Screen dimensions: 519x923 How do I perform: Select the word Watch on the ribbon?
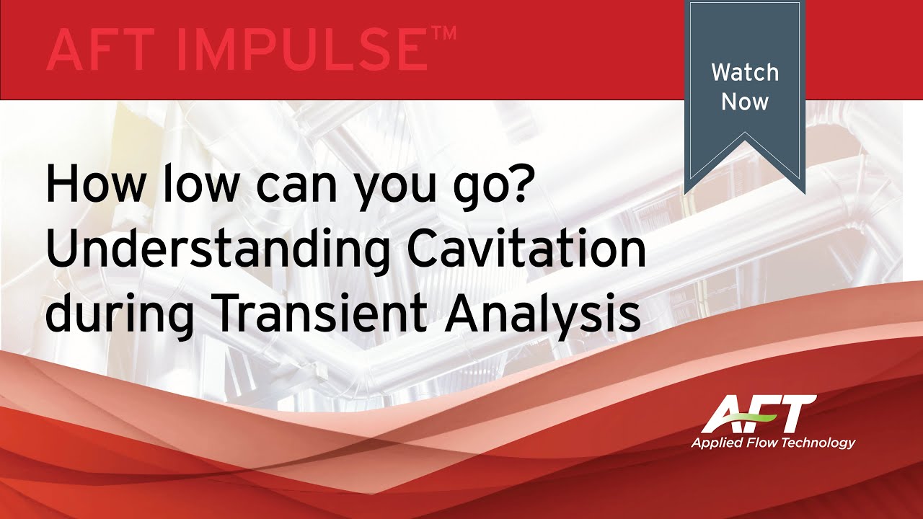click(745, 72)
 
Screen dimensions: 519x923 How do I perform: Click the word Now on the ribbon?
click(745, 102)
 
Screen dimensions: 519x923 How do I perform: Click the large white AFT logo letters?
click(757, 414)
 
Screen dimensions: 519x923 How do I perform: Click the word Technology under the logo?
click(819, 443)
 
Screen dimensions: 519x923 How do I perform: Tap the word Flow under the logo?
click(763, 442)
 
